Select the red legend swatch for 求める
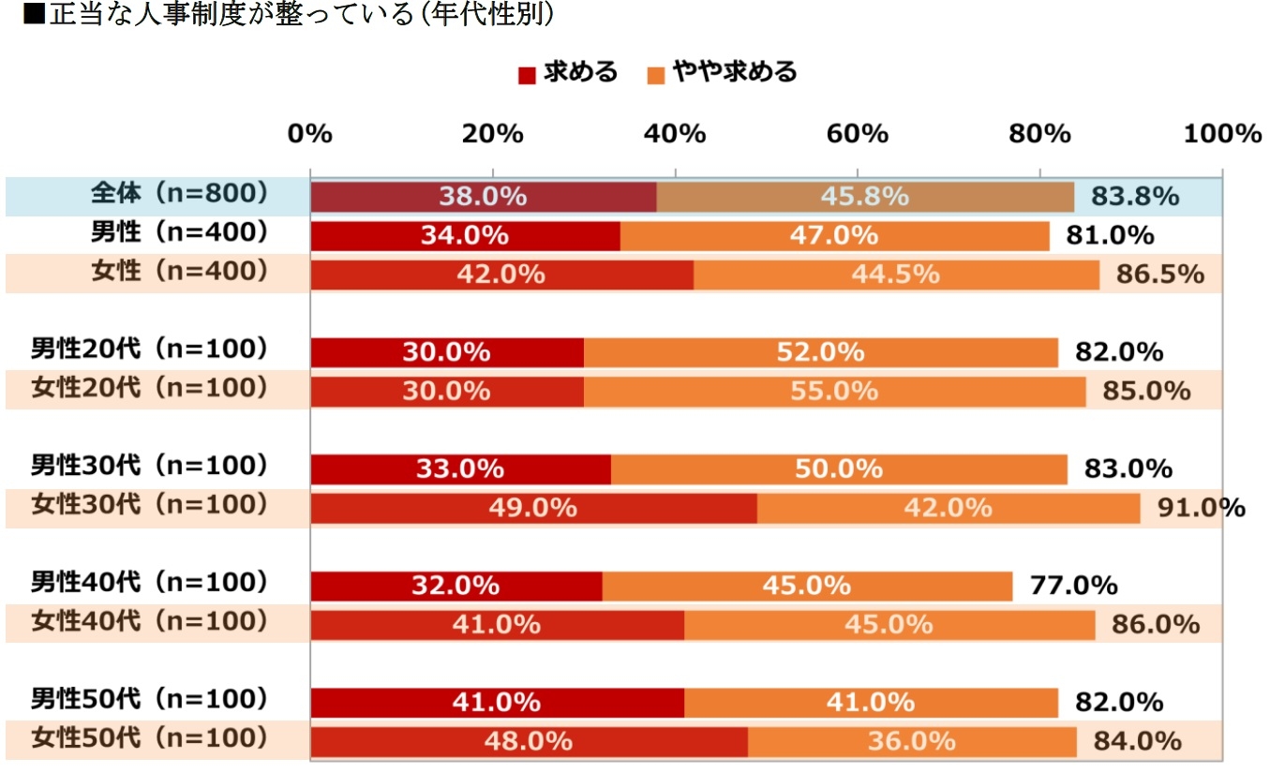point(527,74)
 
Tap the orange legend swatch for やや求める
point(656,74)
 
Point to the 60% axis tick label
point(858,134)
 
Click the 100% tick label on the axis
point(1223,134)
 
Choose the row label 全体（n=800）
point(179,194)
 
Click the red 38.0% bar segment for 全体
point(483,197)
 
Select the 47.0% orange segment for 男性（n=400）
point(834,235)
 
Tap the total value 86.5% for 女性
point(1159,274)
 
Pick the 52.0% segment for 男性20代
point(820,352)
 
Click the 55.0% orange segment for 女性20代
point(834,391)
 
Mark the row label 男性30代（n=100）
point(151,466)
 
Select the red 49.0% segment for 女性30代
point(532,508)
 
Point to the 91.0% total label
point(1201,508)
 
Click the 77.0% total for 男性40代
point(1073,586)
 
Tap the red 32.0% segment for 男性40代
point(456,586)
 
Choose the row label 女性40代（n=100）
point(151,621)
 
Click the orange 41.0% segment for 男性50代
point(870,702)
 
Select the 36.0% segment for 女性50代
point(911,741)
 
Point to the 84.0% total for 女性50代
point(1137,741)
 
